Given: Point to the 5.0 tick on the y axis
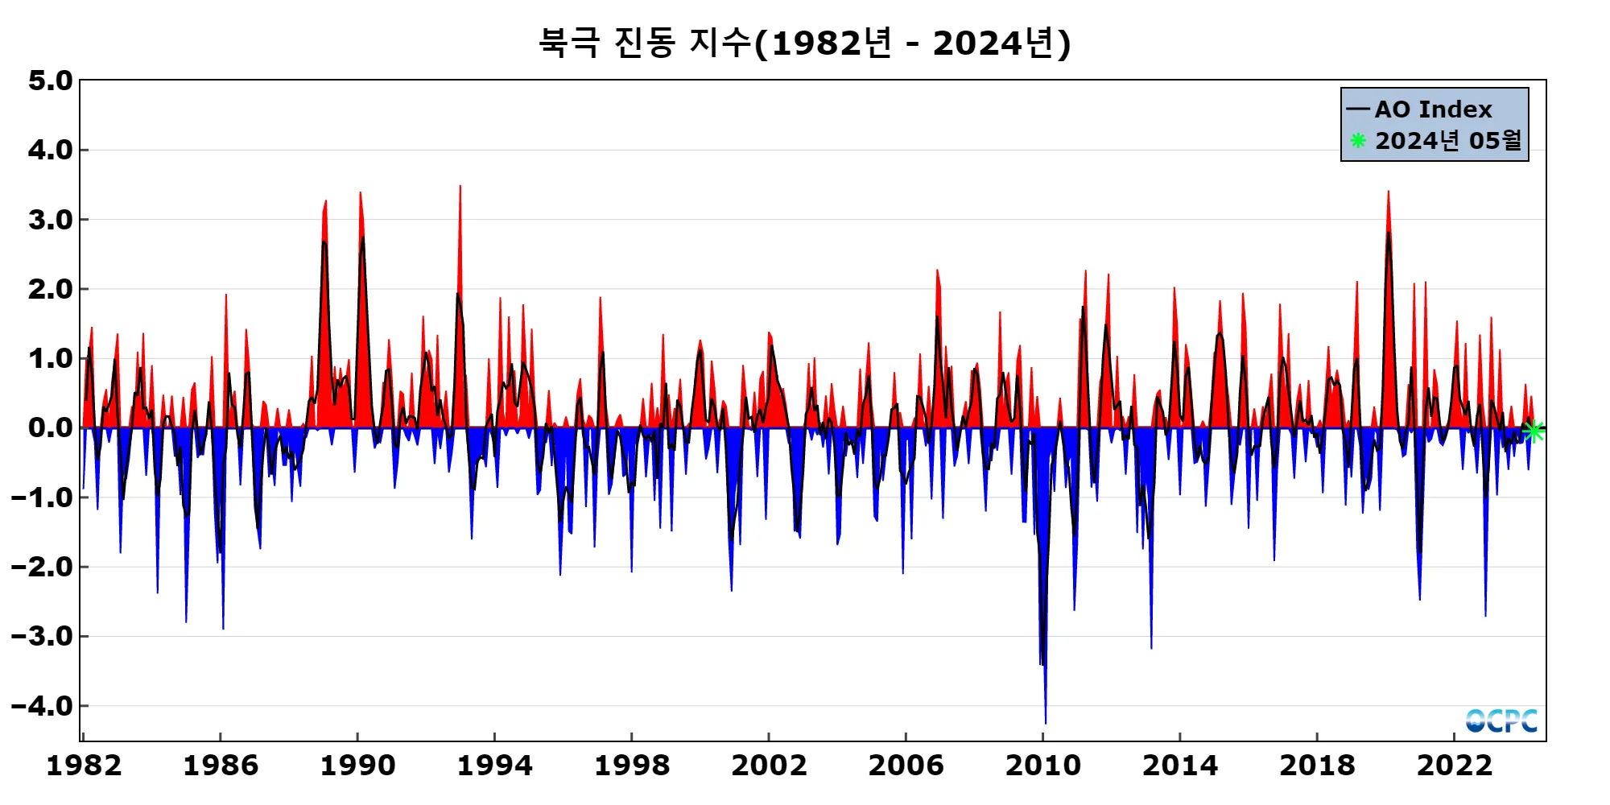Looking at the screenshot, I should [x=50, y=80].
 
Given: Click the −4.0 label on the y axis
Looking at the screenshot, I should [x=42, y=706].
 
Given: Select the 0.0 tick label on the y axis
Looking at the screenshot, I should [x=50, y=427].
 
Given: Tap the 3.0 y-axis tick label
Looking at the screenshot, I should [x=50, y=220].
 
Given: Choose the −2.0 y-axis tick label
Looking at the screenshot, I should [x=42, y=567].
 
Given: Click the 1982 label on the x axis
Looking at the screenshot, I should [x=84, y=765].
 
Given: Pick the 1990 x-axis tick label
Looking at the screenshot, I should [x=357, y=765].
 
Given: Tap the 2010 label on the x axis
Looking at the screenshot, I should [x=1042, y=765].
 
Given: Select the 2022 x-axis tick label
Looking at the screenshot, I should [x=1454, y=765].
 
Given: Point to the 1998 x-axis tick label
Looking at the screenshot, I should [x=632, y=765].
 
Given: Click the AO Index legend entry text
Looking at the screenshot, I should [x=1433, y=109].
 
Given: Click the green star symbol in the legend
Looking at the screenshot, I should [x=1358, y=141].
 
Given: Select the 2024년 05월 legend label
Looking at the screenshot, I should [x=1448, y=141].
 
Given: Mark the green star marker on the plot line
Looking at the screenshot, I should [x=1534, y=431].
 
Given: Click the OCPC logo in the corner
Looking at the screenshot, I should [x=1501, y=720].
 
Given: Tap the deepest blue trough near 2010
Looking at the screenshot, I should [x=1046, y=722].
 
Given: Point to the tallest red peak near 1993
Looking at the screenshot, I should [x=460, y=187].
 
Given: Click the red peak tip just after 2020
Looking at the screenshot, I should [x=1388, y=192].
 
